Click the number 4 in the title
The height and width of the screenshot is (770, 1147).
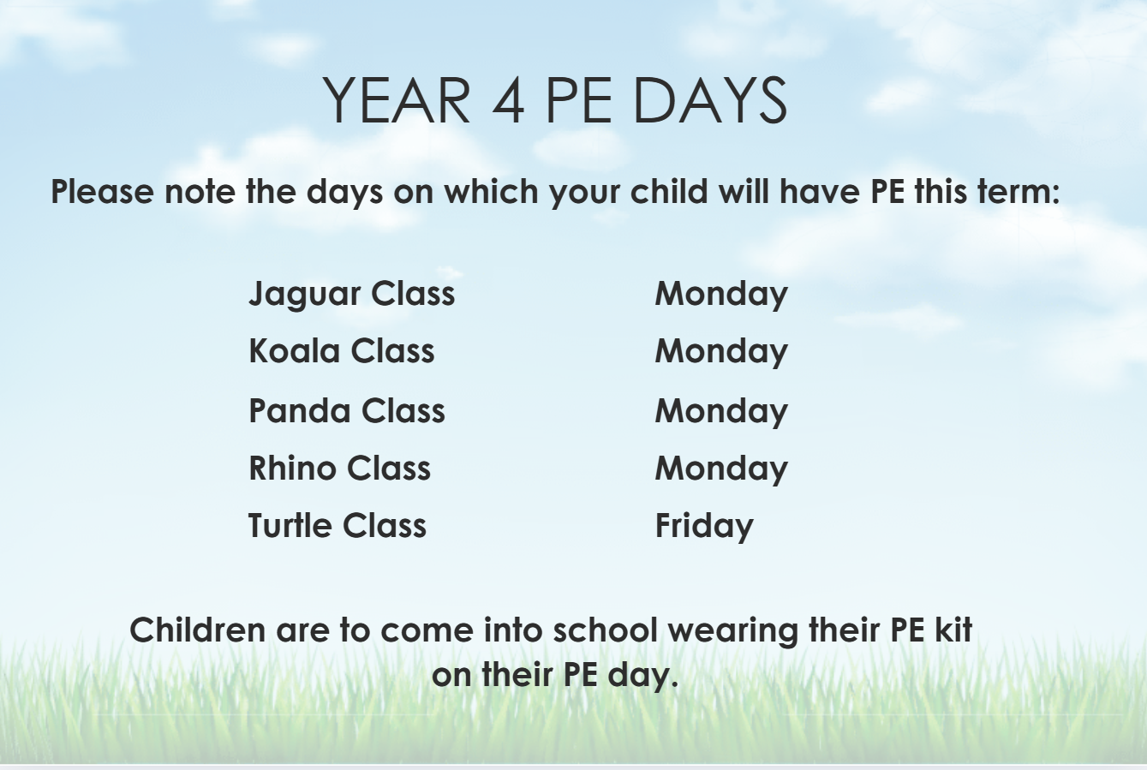pos(509,100)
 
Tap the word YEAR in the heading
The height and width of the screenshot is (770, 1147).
pos(397,100)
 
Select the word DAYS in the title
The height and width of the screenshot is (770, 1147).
pos(710,100)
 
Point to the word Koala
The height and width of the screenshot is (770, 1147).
pos(295,351)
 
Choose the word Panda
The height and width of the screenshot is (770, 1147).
pos(300,411)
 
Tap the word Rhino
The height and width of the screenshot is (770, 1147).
pos(292,468)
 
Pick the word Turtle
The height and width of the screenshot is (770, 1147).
pos(290,526)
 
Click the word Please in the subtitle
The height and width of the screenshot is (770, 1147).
pos(103,192)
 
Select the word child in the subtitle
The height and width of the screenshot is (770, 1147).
pos(669,192)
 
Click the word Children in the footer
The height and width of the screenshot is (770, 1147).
pos(197,630)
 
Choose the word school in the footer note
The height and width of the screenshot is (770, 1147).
pos(606,630)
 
